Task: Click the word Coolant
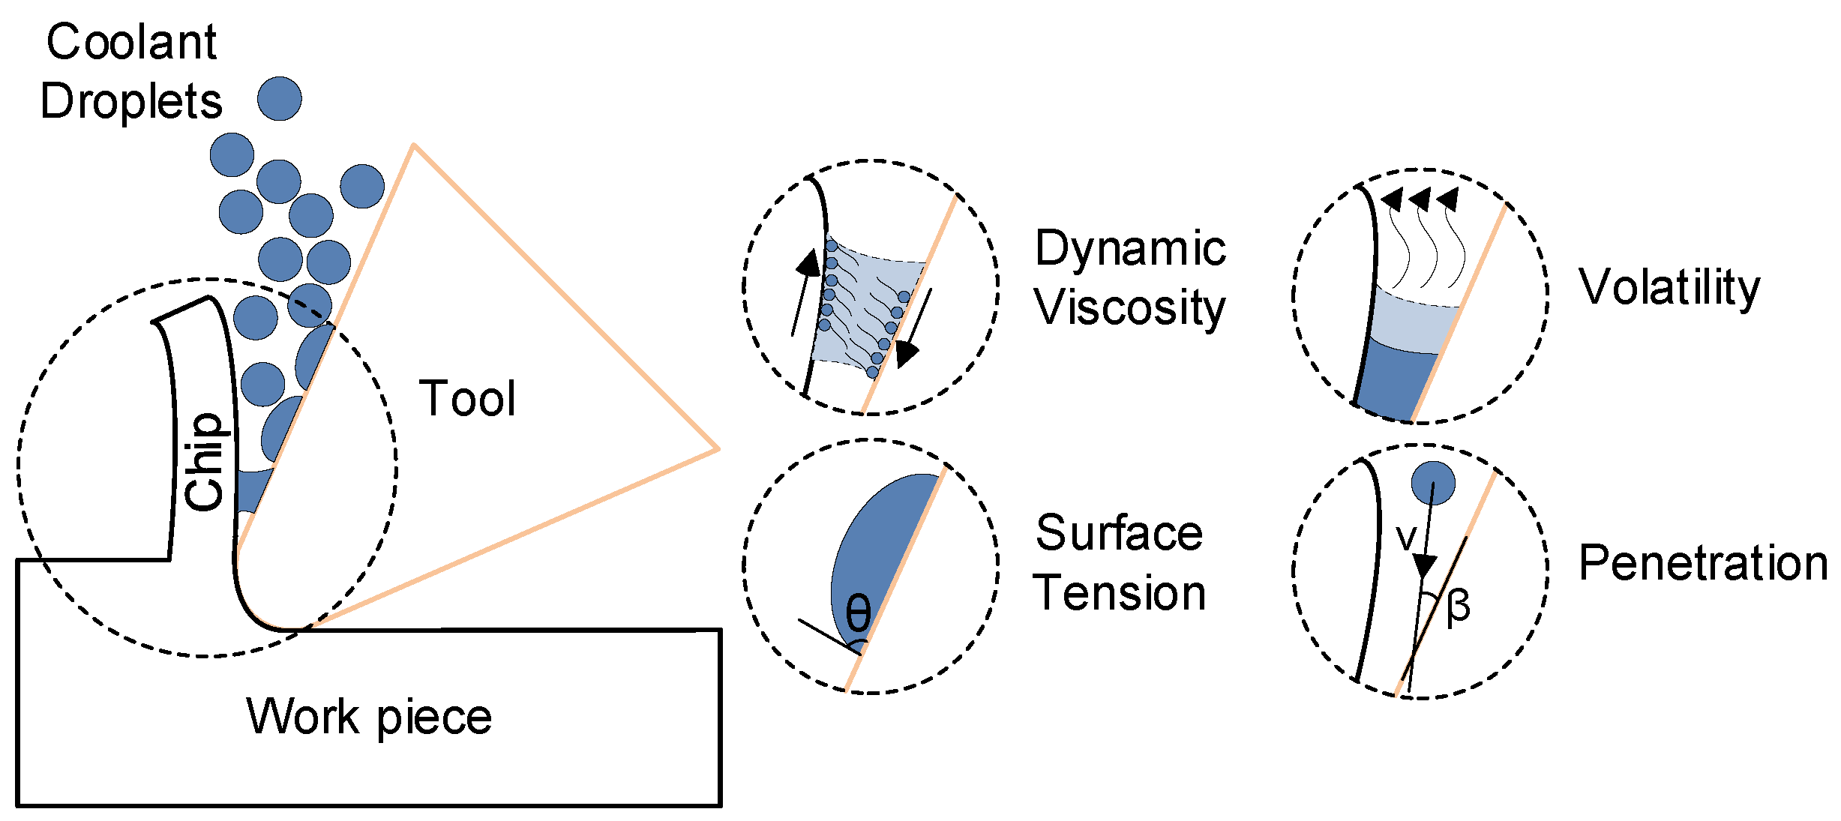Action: tap(131, 42)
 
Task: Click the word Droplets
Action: tap(131, 101)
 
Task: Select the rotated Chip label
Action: tap(204, 461)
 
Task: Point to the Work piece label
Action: tap(369, 717)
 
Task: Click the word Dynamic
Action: tap(1130, 248)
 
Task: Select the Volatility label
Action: tap(1669, 287)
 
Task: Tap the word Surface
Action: tap(1119, 533)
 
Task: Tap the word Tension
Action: tap(1119, 593)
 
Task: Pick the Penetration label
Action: tap(1703, 563)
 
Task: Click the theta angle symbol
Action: tap(858, 613)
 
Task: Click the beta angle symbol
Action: tap(1458, 606)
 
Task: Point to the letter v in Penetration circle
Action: tap(1406, 538)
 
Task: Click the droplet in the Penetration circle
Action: tap(1433, 482)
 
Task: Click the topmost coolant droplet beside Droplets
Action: tap(280, 98)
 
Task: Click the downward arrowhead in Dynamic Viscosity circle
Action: tap(906, 352)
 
